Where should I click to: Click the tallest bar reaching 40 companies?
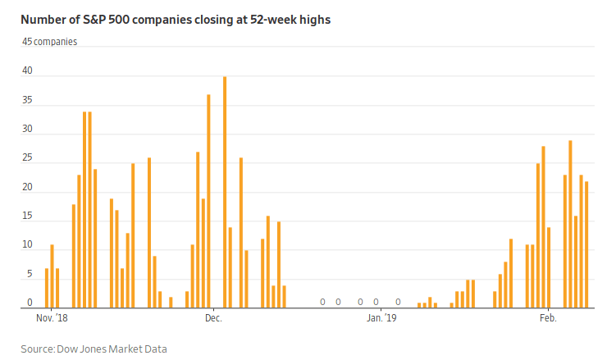[225, 192]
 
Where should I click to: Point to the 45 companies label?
[49, 41]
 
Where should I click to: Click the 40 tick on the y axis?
[27, 71]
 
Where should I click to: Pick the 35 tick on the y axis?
[27, 100]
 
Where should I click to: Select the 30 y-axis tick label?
[27, 130]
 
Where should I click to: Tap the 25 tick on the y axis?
[27, 158]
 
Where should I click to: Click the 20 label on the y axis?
[27, 187]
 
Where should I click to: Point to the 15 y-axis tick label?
[27, 216]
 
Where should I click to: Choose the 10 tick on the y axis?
[27, 245]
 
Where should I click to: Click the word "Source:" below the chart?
[38, 349]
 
